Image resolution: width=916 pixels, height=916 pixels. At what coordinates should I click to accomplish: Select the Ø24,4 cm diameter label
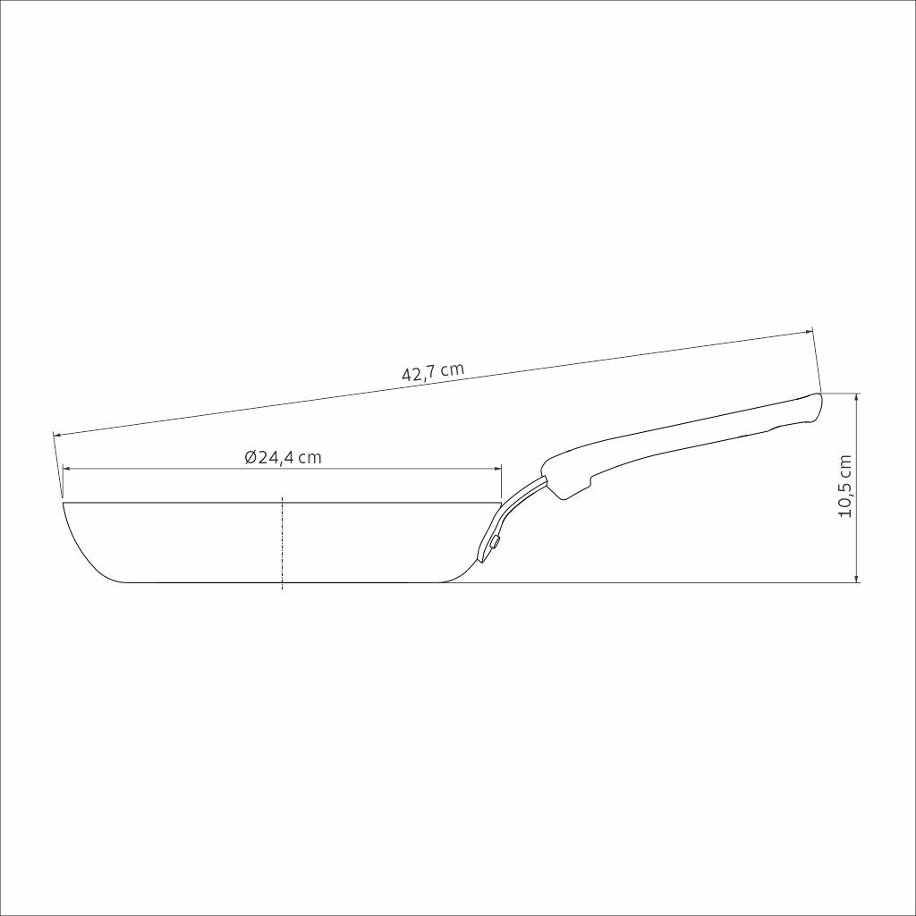click(283, 457)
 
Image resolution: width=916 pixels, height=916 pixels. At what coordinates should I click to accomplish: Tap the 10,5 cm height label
click(844, 488)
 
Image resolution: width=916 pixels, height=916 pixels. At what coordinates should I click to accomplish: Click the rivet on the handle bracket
click(495, 541)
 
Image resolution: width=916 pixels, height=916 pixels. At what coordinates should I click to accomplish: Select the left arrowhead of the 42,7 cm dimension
click(58, 435)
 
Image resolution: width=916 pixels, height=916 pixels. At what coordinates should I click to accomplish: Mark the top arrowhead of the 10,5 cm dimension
click(857, 398)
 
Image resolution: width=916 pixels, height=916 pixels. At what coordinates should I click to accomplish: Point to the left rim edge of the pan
click(64, 505)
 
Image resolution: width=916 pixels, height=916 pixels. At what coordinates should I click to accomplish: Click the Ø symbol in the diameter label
click(250, 457)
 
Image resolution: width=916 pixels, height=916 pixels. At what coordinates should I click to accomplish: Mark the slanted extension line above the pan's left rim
click(58, 465)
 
